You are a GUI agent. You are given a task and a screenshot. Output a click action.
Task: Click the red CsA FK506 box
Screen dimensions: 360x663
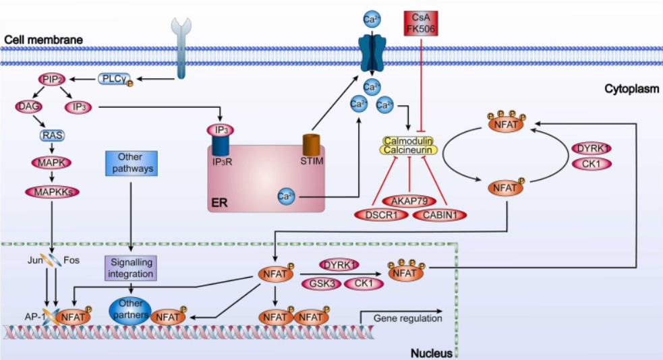(x=421, y=23)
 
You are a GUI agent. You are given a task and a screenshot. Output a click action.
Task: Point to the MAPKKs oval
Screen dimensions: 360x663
(x=52, y=191)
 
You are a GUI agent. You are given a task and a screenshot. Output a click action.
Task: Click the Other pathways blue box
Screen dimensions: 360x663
(x=130, y=164)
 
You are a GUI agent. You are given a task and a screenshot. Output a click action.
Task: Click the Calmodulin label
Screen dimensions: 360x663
(x=408, y=140)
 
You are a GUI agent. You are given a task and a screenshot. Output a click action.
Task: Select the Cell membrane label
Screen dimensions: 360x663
(x=42, y=40)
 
